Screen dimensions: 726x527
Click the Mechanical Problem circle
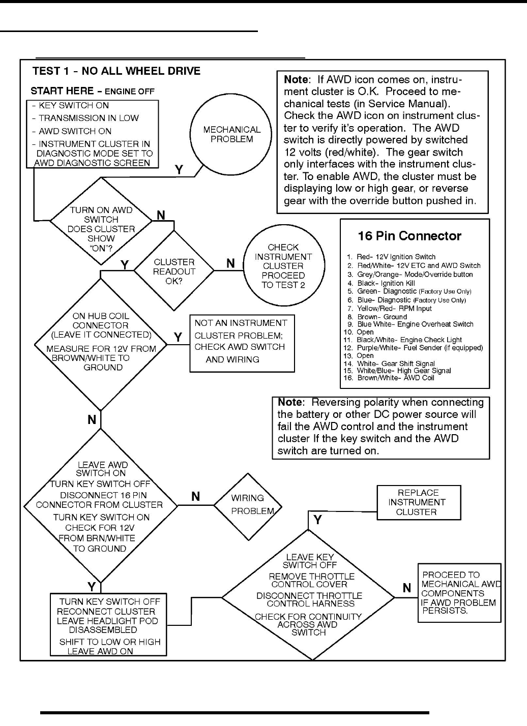pos(231,134)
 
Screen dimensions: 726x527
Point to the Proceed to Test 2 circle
pos(283,266)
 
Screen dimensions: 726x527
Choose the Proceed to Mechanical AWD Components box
pos(459,593)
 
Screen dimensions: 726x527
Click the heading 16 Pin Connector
pos(409,236)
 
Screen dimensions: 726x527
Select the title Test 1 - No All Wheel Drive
pos(116,71)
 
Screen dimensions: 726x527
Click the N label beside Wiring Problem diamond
pos(196,497)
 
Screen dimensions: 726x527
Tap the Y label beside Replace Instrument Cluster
pos(318,520)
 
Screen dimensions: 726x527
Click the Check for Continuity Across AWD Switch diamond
pos(309,595)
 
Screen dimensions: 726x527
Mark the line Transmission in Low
pos(89,118)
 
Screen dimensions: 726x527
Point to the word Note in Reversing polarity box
pos(290,402)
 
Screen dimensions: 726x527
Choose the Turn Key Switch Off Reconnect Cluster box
pos(108,625)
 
